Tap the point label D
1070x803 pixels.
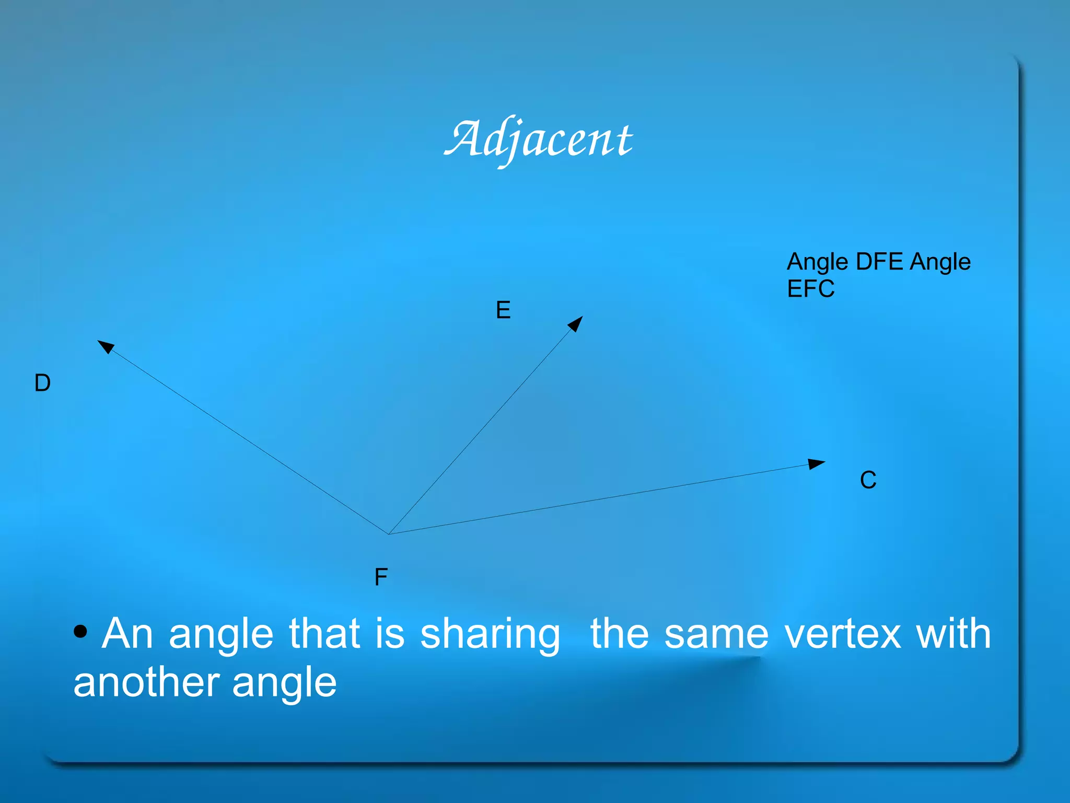[42, 383]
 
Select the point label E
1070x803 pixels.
[503, 310]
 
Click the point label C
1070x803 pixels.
[868, 480]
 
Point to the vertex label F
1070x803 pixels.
[381, 577]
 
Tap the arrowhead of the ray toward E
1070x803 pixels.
[576, 323]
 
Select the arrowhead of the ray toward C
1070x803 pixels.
[816, 463]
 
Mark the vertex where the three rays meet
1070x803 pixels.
[389, 534]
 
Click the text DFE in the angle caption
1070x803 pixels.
[879, 262]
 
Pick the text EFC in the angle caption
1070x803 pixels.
[810, 289]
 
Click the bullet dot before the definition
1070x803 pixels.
[80, 632]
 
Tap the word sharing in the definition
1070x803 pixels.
[490, 634]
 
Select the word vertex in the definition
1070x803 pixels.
[843, 634]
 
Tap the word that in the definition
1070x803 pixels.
[324, 634]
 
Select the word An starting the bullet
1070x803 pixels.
[127, 634]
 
